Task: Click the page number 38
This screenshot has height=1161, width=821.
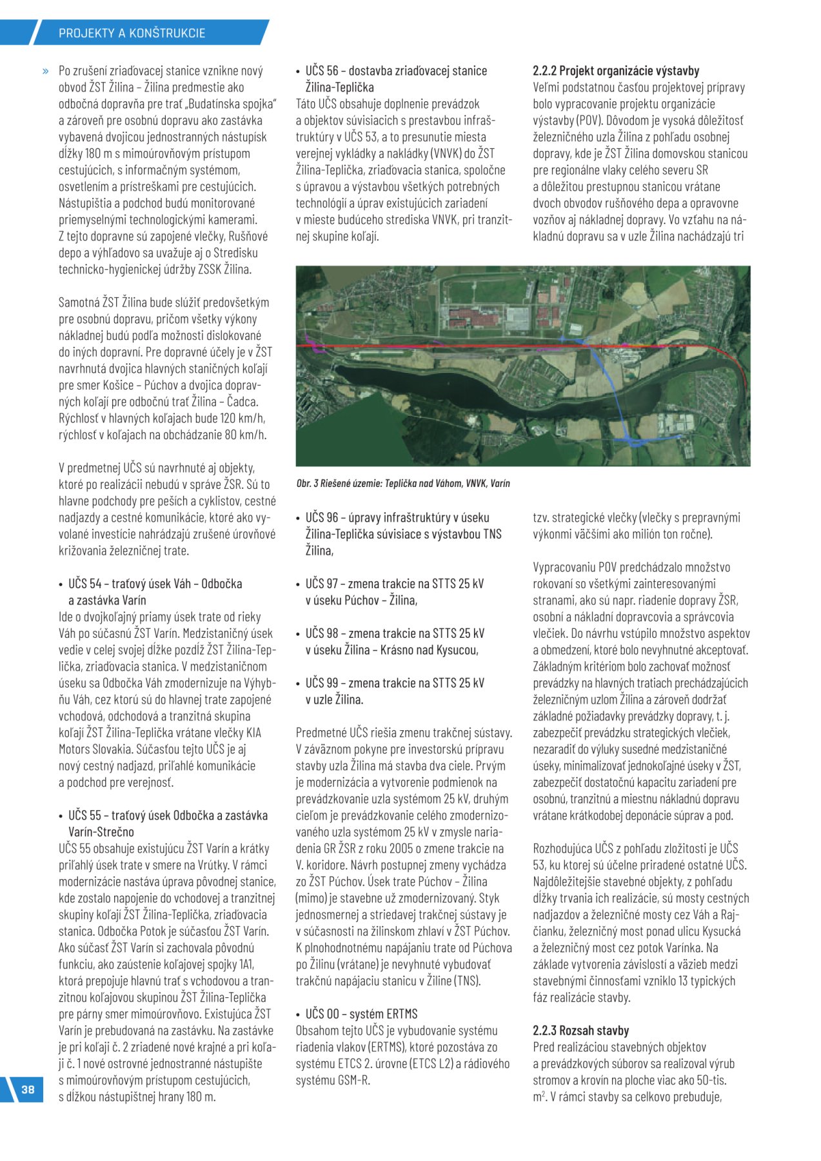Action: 28,1089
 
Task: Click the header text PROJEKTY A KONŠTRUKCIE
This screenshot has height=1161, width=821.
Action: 132,33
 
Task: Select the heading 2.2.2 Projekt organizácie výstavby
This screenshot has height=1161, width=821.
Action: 616,71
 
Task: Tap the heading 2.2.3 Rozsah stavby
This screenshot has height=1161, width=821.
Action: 580,1030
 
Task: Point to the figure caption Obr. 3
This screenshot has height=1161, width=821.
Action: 403,483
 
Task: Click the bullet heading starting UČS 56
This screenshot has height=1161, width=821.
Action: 396,79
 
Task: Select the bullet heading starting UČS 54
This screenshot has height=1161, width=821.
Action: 155,591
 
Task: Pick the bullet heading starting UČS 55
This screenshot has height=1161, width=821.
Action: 168,824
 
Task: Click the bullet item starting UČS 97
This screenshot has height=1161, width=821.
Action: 394,591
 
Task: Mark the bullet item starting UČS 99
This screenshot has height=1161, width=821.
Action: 394,691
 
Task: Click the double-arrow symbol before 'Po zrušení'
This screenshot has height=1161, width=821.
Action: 45,71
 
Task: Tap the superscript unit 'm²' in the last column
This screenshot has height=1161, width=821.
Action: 539,1096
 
